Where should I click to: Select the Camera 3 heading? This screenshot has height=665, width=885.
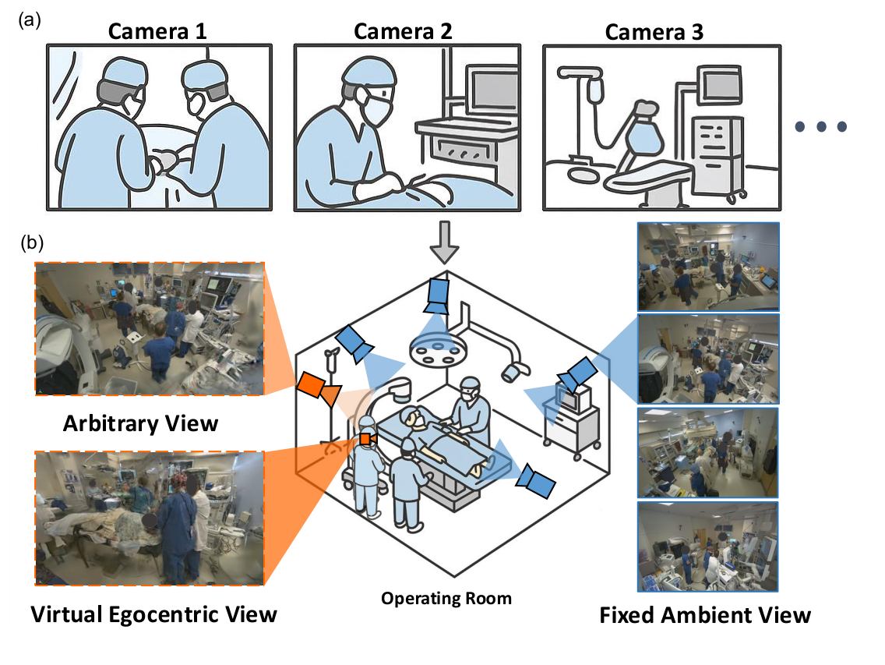pos(654,32)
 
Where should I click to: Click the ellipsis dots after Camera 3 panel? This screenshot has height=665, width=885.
pos(820,127)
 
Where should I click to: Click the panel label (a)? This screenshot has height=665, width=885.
pos(30,21)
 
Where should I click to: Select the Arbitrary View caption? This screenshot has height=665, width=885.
pos(140,423)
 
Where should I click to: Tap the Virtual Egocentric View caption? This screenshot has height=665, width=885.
pos(153,614)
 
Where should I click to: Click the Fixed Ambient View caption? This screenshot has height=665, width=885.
pos(705,615)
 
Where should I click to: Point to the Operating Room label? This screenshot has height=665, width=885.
pos(446,599)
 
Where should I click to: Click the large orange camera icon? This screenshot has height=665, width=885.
pos(314,387)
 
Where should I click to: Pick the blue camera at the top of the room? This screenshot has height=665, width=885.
pos(438,294)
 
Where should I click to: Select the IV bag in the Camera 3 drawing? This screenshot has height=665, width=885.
pos(595,89)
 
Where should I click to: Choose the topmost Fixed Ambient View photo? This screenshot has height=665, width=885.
pos(707,266)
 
